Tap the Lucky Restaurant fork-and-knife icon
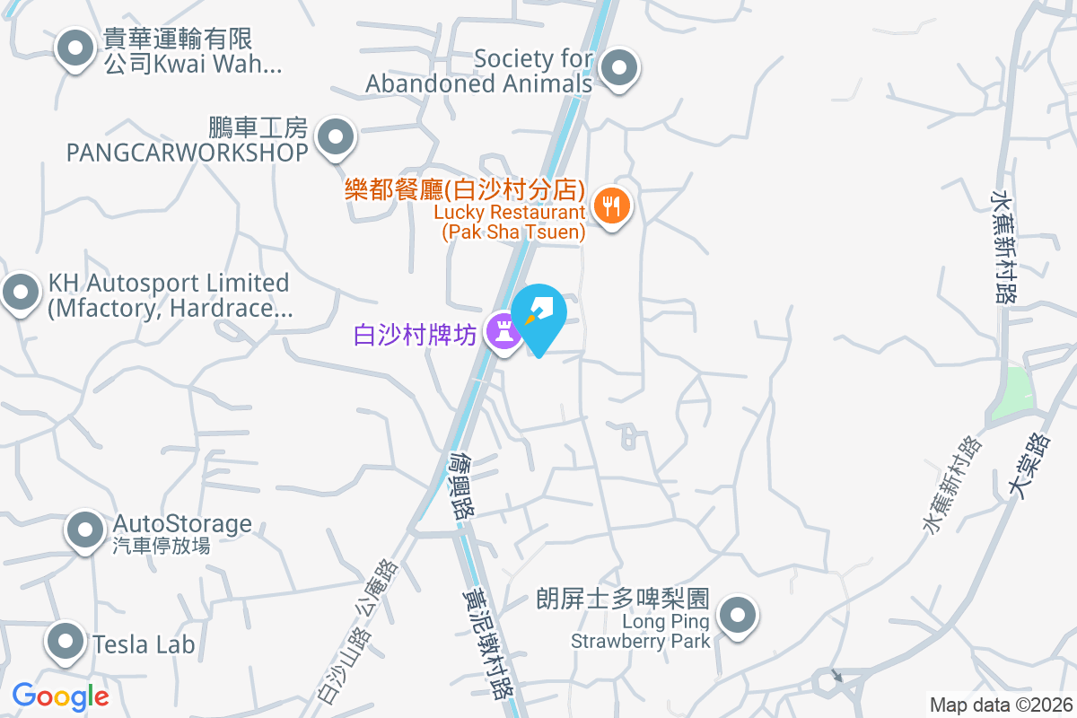point(612,206)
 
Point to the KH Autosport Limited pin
point(20,292)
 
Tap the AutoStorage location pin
point(85,530)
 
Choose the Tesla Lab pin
point(66,642)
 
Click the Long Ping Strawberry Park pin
point(739,616)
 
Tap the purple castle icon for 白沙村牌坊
point(503,332)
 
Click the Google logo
point(61,696)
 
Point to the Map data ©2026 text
point(1001,705)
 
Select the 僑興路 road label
point(462,485)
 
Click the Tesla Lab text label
point(144,644)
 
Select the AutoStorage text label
point(182,524)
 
